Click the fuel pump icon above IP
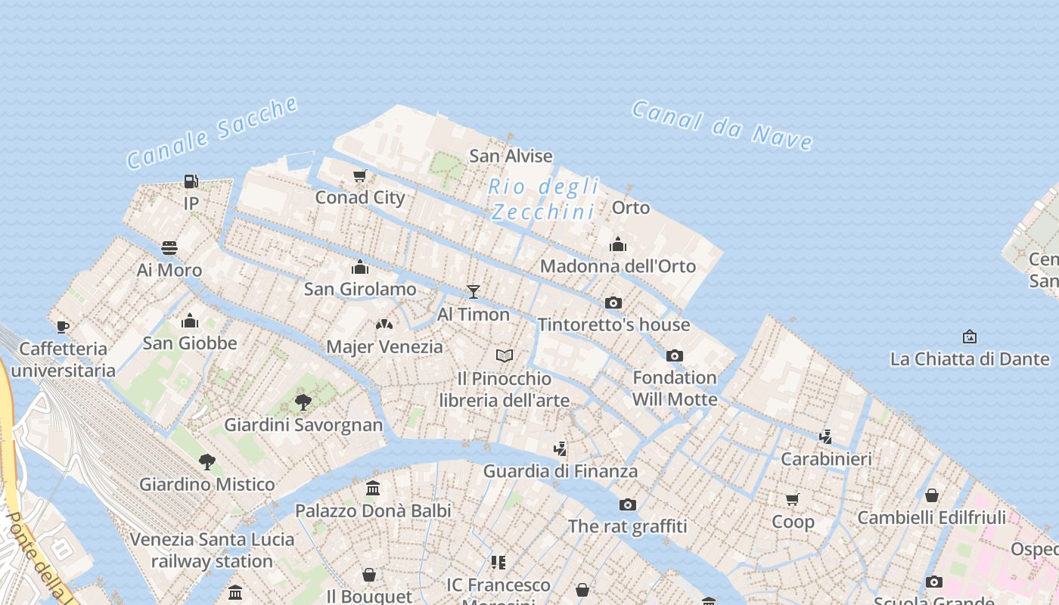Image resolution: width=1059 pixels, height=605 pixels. (x=191, y=181)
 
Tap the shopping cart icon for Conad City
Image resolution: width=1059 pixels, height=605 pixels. (x=360, y=175)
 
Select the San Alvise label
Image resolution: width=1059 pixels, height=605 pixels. (x=511, y=157)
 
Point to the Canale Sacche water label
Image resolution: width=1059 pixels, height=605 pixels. (x=213, y=132)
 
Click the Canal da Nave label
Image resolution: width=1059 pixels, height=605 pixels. (x=722, y=125)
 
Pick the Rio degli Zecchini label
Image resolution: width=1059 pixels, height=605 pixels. (x=543, y=199)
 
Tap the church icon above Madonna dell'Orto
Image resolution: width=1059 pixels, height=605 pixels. (x=618, y=244)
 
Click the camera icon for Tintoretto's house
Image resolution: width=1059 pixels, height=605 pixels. (x=613, y=303)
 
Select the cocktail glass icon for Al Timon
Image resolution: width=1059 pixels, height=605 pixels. (x=474, y=291)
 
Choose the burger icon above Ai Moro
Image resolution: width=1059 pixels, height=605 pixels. (x=169, y=248)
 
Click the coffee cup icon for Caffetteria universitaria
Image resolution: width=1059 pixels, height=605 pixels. (x=63, y=327)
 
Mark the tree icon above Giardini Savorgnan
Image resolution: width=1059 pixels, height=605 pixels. (x=303, y=402)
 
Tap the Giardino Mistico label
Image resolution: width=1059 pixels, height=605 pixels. (x=207, y=485)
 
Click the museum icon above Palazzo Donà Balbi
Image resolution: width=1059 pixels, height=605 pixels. (x=373, y=489)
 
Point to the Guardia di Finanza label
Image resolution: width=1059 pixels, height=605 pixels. (x=561, y=471)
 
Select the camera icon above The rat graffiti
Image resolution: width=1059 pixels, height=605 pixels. (x=627, y=504)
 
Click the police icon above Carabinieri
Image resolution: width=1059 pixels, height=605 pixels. (x=826, y=436)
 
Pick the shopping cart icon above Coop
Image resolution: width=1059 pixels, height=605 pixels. (x=793, y=499)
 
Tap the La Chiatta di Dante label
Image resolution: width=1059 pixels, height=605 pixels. (x=970, y=359)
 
